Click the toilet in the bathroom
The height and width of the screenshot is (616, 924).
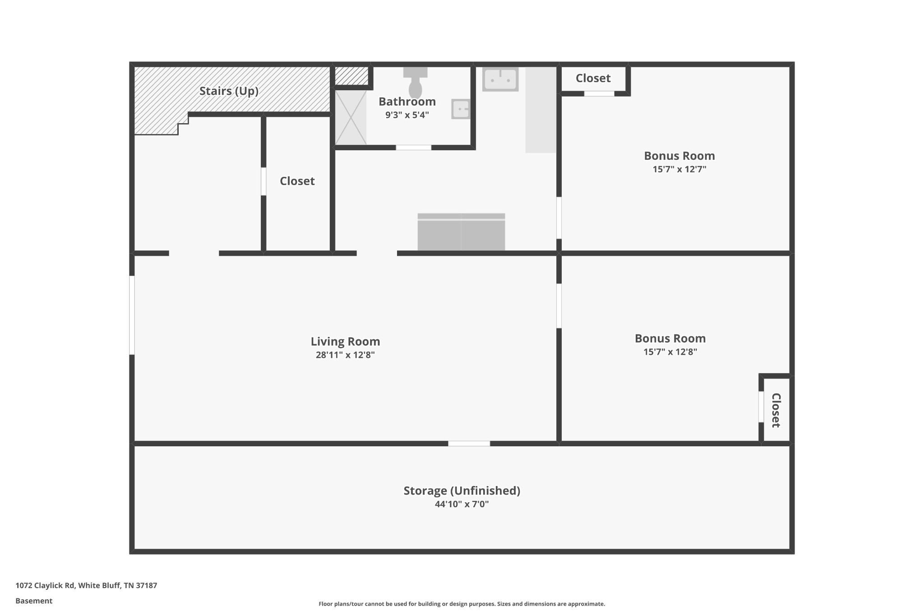(x=415, y=83)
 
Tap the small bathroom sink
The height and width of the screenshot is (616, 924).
(x=461, y=109)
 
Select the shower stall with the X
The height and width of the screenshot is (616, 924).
(x=351, y=117)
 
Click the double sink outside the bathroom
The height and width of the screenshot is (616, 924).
(x=500, y=79)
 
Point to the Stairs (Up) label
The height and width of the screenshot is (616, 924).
(x=229, y=91)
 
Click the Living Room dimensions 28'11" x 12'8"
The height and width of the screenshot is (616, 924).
(x=345, y=355)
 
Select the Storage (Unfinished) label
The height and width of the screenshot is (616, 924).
(x=462, y=491)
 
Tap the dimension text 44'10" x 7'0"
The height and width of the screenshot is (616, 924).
(x=462, y=504)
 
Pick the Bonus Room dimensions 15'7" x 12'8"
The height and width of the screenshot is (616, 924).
(x=670, y=352)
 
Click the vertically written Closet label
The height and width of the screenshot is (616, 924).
(x=776, y=410)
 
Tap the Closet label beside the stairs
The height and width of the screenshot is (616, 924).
(x=297, y=181)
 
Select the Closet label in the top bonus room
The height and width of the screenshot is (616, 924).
(x=593, y=78)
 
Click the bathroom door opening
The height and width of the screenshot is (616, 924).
(x=414, y=148)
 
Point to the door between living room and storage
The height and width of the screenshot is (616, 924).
(x=469, y=444)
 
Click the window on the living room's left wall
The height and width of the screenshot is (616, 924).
(x=132, y=315)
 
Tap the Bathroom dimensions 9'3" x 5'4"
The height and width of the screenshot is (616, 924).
(x=407, y=115)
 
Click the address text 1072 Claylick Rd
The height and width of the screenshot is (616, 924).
(x=45, y=585)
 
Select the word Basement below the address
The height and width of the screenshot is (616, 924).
(x=34, y=601)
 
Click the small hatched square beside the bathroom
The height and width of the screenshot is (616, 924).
(x=351, y=76)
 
